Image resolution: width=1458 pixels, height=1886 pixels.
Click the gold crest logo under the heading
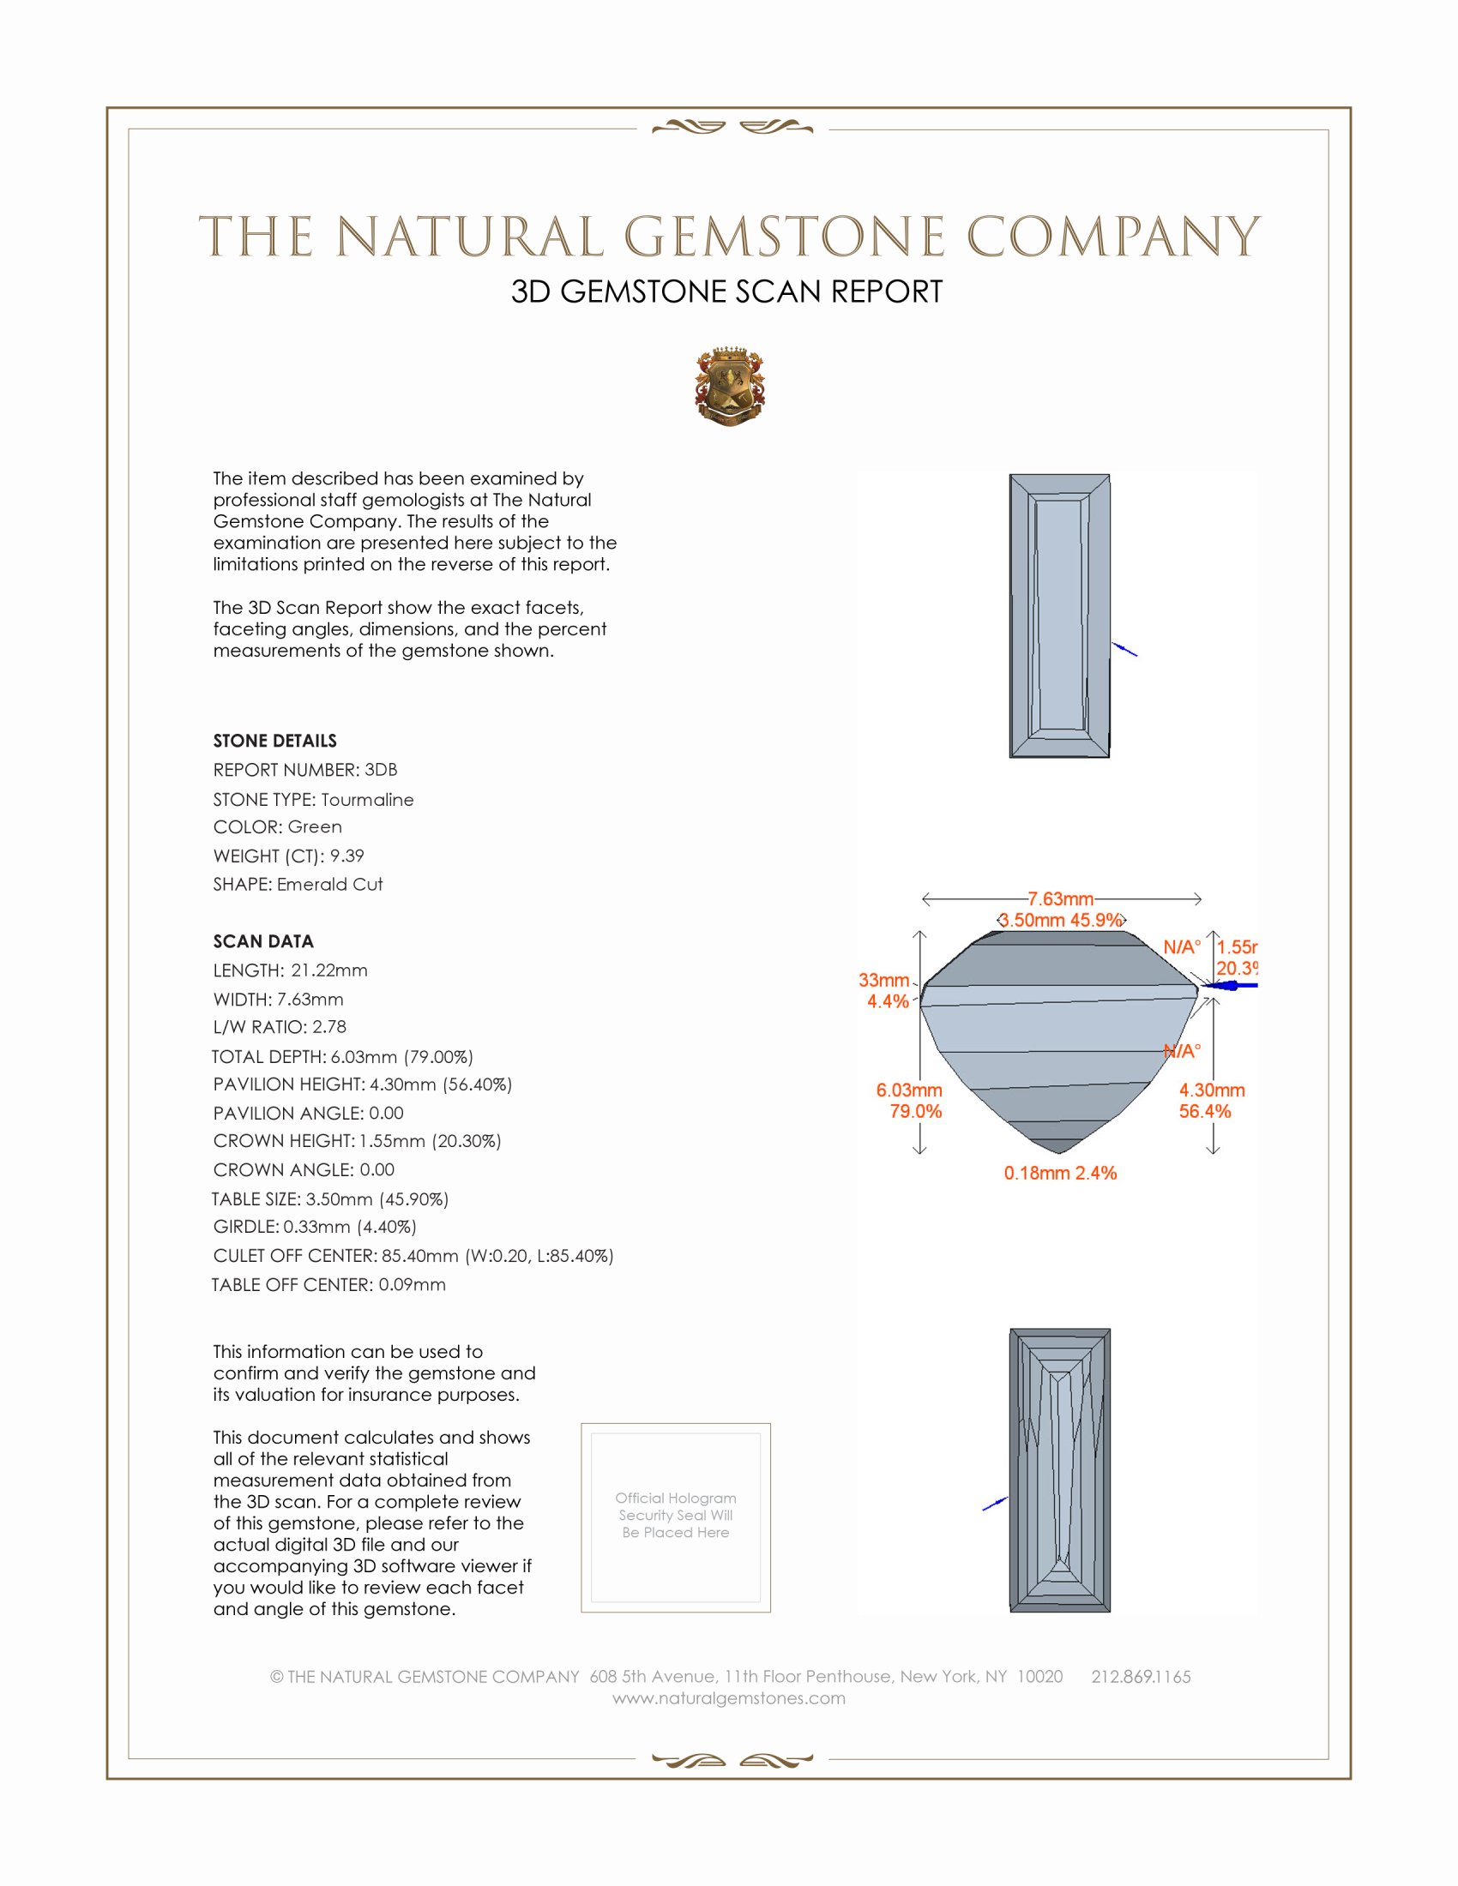click(729, 386)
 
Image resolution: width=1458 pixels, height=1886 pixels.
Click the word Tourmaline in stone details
click(367, 800)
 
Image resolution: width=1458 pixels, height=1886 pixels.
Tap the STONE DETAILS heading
click(274, 741)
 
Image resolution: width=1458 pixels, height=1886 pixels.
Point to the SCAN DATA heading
click(262, 941)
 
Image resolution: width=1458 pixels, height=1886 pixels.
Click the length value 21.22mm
click(329, 970)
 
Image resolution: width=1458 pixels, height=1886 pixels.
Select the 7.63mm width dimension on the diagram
click(1060, 899)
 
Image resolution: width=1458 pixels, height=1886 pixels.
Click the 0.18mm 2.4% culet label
click(1060, 1173)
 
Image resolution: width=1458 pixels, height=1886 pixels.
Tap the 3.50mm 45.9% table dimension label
click(1061, 921)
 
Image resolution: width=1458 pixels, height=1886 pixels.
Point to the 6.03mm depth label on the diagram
click(908, 1090)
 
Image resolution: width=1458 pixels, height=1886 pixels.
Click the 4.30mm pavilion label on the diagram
click(1211, 1090)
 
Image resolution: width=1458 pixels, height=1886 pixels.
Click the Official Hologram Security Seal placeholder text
click(676, 1515)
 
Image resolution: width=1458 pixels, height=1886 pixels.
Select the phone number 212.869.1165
click(1140, 1676)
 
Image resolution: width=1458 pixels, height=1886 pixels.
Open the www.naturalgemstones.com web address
click(728, 1697)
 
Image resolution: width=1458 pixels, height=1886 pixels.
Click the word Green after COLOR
click(315, 827)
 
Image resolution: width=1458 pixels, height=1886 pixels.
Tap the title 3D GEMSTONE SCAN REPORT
click(726, 291)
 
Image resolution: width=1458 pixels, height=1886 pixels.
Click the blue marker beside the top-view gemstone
click(1124, 650)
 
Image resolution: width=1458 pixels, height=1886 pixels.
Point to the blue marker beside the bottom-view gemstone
click(995, 1504)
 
